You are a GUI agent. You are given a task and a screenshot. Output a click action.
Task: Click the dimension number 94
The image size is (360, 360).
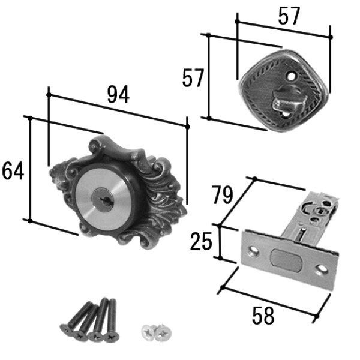(118, 94)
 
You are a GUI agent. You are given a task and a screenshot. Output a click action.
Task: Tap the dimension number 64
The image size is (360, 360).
(13, 170)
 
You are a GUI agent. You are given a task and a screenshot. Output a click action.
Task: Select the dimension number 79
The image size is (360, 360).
(223, 195)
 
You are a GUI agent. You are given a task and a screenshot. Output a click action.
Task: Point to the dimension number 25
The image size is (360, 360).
(201, 241)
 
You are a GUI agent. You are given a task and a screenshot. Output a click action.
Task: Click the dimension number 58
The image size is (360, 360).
(263, 316)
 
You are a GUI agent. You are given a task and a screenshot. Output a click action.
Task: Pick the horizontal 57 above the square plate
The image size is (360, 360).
(289, 16)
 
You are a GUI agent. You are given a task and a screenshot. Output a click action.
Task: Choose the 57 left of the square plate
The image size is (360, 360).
(193, 78)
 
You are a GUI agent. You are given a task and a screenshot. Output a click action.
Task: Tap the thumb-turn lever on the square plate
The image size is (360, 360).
(289, 101)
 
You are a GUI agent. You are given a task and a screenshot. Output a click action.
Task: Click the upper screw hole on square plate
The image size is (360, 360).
(291, 76)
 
